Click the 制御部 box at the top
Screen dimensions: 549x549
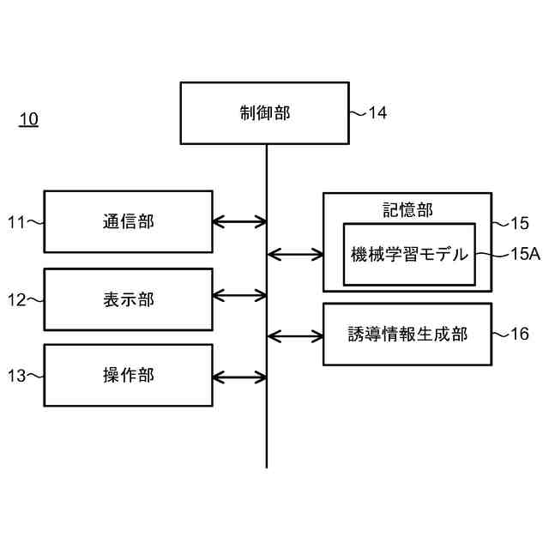point(264,112)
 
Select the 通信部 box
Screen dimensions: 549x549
point(128,221)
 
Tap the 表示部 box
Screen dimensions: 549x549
point(128,299)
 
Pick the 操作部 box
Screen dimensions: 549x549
point(128,375)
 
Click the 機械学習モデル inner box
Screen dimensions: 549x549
point(409,254)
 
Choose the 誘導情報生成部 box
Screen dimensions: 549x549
point(407,335)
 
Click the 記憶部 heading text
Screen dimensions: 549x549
point(407,208)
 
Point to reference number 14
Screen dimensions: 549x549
point(377,112)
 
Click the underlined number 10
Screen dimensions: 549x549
point(28,119)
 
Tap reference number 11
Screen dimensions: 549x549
point(17,222)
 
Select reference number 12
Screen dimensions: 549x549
point(17,299)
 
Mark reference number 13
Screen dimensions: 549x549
point(17,375)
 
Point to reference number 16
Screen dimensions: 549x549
point(519,335)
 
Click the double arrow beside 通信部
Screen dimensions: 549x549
point(239,221)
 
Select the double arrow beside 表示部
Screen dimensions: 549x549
point(239,296)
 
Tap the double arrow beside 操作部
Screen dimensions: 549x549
point(239,376)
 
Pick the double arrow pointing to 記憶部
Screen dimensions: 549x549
point(295,254)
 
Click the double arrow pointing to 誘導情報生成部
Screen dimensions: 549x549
point(295,335)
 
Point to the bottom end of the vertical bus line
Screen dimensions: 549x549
point(266,466)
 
